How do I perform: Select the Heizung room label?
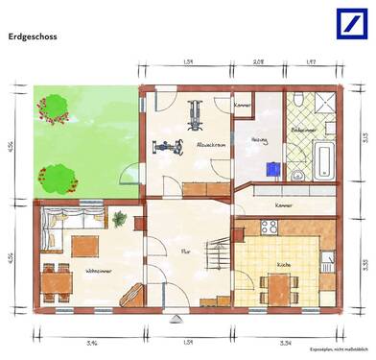click(260, 140)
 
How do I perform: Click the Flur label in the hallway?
click(185, 252)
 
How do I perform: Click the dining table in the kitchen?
click(279, 284)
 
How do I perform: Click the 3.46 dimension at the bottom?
click(92, 342)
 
